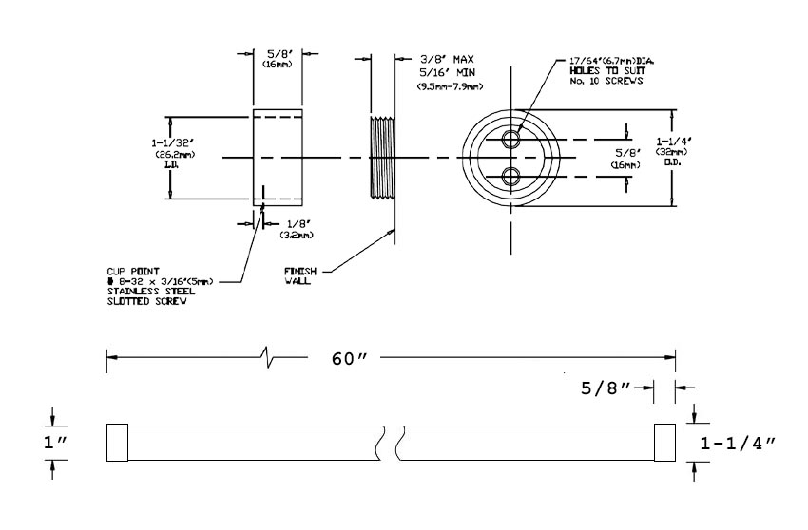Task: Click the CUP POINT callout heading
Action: click(x=130, y=272)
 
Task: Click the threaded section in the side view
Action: click(x=379, y=157)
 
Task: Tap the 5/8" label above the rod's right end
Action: click(x=607, y=388)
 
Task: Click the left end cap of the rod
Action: click(x=116, y=443)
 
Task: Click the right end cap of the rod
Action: click(x=664, y=443)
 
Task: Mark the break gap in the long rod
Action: click(x=392, y=443)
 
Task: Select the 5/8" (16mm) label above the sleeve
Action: click(x=278, y=59)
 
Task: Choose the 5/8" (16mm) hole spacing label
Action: click(x=625, y=158)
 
